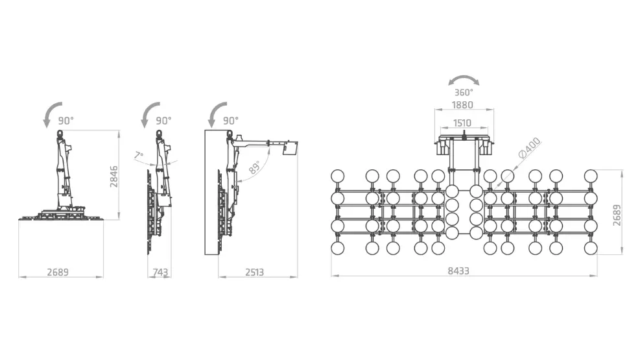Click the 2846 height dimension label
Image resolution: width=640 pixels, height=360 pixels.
(114, 176)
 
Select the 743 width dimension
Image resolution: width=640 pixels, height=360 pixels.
(160, 272)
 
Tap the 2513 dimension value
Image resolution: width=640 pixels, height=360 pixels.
(255, 272)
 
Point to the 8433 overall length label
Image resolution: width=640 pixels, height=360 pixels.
(458, 270)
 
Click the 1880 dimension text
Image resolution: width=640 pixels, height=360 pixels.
(462, 105)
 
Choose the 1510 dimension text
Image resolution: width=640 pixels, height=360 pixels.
(462, 123)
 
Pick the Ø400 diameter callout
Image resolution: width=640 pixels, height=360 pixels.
(529, 148)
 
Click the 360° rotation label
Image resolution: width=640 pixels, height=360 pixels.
(464, 93)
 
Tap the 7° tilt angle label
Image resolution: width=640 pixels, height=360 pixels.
(139, 156)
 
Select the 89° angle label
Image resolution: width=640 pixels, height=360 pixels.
(254, 167)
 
